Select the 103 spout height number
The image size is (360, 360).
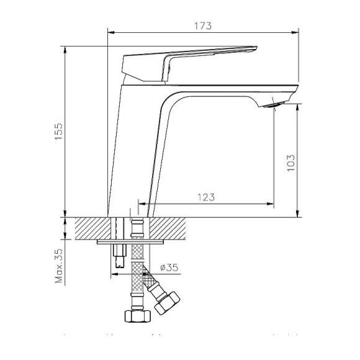point(290,163)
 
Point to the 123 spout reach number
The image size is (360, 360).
point(206,197)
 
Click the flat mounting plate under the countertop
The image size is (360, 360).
point(130,241)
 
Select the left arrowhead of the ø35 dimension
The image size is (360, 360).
point(115,271)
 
